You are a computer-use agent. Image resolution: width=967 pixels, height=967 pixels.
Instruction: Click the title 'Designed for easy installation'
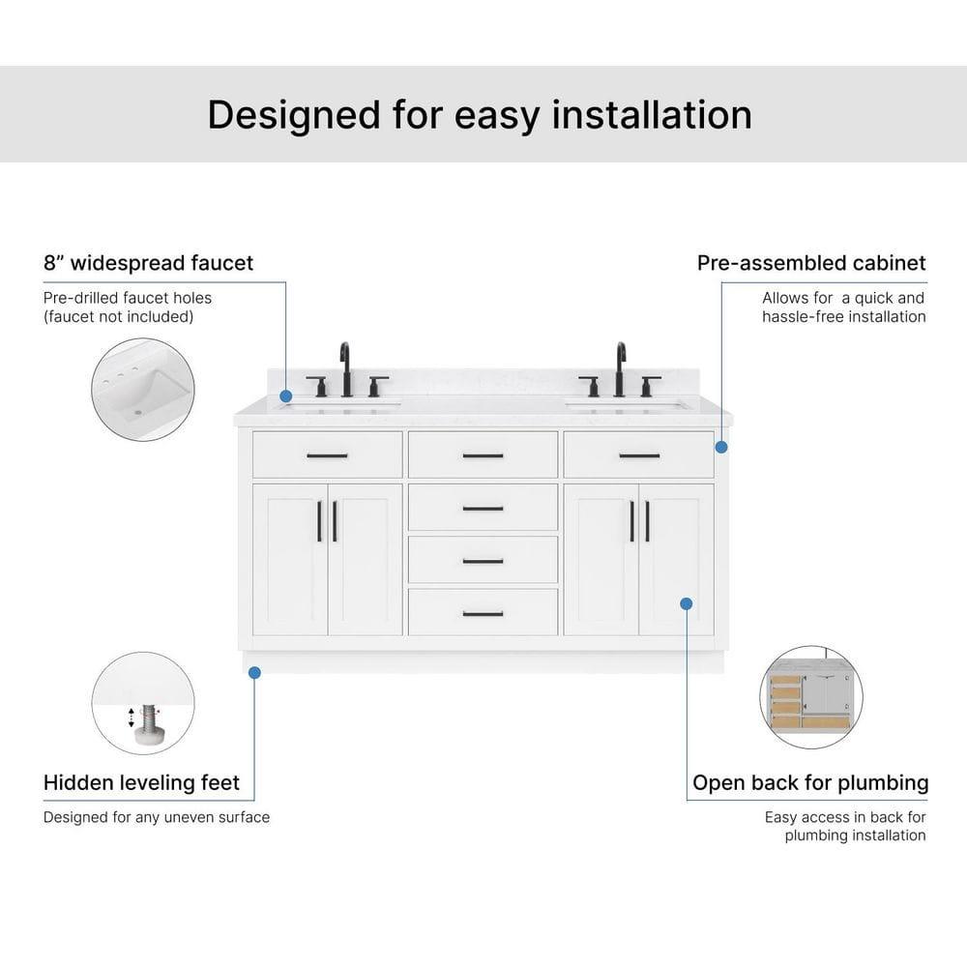click(x=480, y=114)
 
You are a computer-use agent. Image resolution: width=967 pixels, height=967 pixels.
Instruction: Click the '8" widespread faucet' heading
click(x=148, y=262)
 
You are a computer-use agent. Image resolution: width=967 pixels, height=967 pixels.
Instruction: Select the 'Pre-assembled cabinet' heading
click(x=810, y=262)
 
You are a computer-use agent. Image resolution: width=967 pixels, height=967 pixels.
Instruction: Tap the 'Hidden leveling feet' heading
click(x=141, y=781)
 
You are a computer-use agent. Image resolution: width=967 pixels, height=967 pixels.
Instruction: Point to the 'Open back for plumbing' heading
click(x=809, y=781)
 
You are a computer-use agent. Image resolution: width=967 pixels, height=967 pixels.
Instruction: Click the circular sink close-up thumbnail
click(x=143, y=390)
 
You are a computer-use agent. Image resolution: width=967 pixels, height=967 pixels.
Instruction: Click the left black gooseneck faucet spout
click(x=345, y=367)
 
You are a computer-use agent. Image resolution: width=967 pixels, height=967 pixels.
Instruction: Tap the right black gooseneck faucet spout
click(x=620, y=367)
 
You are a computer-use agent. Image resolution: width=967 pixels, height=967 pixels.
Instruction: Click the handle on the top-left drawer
click(x=327, y=455)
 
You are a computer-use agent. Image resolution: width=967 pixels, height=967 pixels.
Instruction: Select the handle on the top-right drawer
click(x=639, y=455)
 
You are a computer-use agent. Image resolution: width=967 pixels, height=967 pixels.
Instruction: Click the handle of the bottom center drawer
click(x=483, y=613)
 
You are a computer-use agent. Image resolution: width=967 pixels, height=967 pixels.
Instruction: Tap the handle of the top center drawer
click(x=483, y=455)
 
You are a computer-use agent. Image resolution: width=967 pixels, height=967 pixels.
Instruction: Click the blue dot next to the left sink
click(x=286, y=396)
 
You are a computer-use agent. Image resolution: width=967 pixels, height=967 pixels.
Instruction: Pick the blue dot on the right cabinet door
click(x=686, y=603)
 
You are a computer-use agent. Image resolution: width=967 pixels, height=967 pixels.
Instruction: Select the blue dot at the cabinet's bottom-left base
click(x=255, y=672)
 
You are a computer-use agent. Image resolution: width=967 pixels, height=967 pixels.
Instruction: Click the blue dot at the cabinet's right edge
click(x=721, y=447)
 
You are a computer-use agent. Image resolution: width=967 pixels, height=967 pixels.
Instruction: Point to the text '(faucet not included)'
click(x=119, y=316)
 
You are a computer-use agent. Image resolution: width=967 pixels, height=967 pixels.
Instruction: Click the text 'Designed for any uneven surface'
click(x=157, y=817)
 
